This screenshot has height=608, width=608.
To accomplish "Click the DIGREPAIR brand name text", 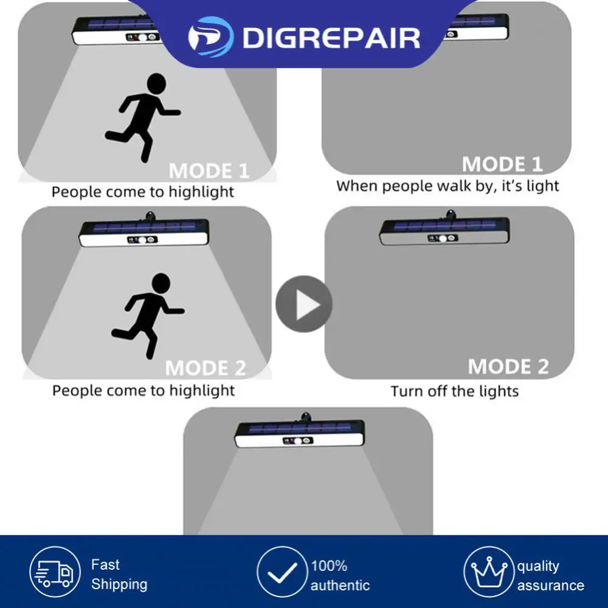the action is coord(331,38).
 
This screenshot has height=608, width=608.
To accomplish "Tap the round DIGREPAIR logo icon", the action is coord(210,37).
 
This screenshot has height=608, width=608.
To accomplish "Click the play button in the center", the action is coord(304,304).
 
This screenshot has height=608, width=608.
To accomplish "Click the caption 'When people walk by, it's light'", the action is coord(447,186).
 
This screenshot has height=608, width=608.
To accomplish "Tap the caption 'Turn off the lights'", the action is coord(455,391).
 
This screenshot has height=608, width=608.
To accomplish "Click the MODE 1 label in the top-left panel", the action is coord(209,171).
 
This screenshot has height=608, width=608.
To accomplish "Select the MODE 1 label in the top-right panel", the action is coord(502,164).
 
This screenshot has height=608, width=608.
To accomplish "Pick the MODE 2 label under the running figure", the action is coord(206,368).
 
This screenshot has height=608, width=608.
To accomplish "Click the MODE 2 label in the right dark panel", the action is coord(508,366).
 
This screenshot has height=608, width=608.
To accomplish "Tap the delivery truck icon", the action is coord(55,572).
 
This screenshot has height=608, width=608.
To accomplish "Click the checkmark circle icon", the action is coord(281,572).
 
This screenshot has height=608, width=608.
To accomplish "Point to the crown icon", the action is coord(489,572).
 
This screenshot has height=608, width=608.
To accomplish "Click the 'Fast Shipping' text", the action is coord(119,575).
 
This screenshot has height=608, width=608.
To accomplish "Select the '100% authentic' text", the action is coord(340,576).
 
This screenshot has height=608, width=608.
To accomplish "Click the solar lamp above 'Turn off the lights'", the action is coord(444,230).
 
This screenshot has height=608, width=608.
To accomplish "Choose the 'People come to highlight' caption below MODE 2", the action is coord(143,390).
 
